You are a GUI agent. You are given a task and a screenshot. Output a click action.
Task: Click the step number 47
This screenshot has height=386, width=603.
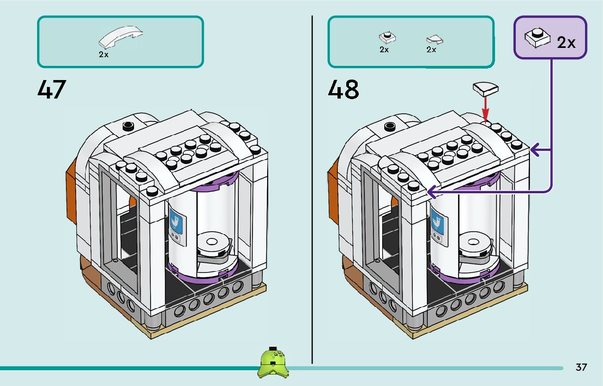pyautogui.click(x=52, y=90)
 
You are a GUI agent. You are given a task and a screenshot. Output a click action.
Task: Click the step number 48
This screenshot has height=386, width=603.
pyautogui.click(x=343, y=90)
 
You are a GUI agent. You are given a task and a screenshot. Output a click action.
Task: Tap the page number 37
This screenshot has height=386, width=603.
pyautogui.click(x=581, y=367)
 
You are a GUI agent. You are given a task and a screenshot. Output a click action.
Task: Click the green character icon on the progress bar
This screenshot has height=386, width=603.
pyautogui.click(x=273, y=363)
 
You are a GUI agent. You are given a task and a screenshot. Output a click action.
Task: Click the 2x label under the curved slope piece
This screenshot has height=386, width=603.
pyautogui.click(x=104, y=55)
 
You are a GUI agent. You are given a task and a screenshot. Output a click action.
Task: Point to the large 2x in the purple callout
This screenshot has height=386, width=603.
pyautogui.click(x=566, y=42)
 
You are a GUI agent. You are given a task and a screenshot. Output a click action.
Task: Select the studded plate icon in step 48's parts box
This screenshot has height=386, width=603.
pyautogui.click(x=387, y=38)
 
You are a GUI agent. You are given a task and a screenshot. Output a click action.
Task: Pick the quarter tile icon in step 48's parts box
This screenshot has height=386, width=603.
pyautogui.click(x=434, y=39)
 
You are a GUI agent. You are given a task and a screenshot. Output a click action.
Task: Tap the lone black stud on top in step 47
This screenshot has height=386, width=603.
pyautogui.click(x=128, y=126)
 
